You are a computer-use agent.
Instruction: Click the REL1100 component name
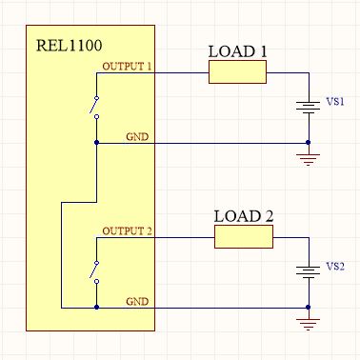point(69,44)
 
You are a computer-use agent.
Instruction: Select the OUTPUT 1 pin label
point(126,66)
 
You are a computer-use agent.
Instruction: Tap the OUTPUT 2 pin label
point(127,231)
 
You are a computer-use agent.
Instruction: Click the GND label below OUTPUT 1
point(137,137)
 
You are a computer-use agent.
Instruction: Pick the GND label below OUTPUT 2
point(137,302)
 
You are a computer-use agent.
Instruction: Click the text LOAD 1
point(237,50)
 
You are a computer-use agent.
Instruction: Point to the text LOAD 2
point(243,215)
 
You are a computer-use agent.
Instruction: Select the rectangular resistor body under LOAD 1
point(237,72)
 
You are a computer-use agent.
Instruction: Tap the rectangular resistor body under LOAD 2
point(243,237)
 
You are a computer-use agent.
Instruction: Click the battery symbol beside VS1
point(308,107)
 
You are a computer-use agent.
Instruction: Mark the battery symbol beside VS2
point(308,271)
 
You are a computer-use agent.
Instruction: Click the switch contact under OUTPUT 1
point(94,107)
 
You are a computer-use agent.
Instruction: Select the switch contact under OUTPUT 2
point(94,271)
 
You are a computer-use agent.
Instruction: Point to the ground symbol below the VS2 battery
point(308,324)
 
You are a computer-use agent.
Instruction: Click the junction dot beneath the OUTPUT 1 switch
point(97,143)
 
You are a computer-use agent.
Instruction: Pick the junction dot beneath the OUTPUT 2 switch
point(97,309)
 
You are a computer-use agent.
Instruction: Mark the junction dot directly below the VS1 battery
point(308,143)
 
